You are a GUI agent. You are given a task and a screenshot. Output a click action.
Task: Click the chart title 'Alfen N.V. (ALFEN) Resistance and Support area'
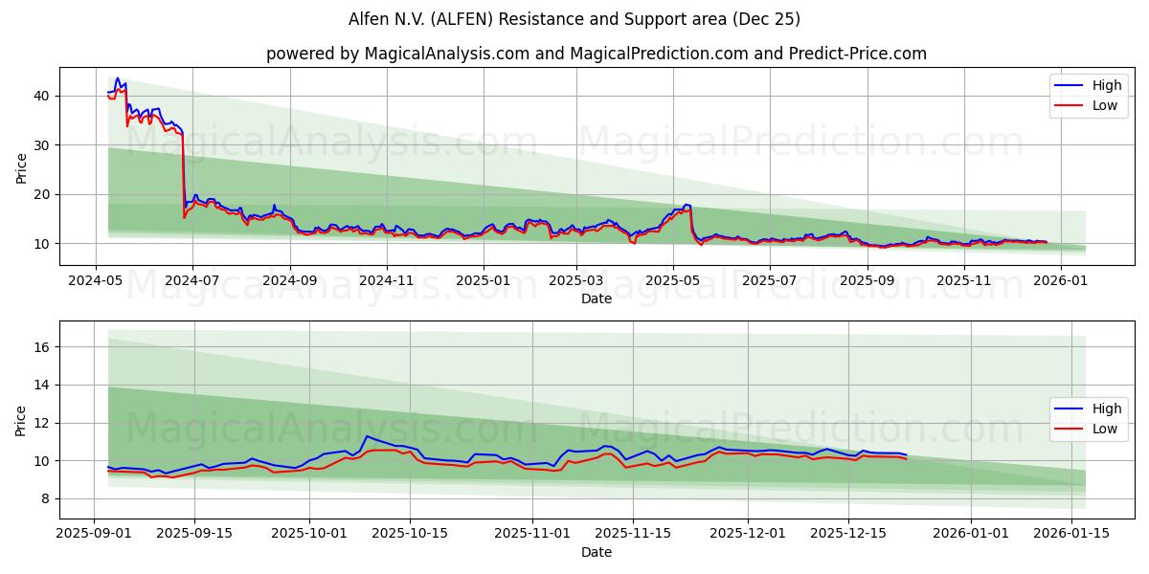[574, 19]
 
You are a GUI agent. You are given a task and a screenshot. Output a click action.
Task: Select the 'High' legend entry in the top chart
[1105, 85]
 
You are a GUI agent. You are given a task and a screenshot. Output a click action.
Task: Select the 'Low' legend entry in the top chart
[1105, 105]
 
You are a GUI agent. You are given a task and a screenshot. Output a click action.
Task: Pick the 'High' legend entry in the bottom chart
[1105, 408]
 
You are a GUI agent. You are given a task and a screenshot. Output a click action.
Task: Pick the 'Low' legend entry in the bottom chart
[1105, 429]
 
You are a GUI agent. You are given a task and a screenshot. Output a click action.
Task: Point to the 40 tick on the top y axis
[40, 96]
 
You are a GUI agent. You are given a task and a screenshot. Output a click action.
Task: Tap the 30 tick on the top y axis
[40, 144]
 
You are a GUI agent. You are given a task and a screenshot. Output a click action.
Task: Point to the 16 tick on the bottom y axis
[40, 347]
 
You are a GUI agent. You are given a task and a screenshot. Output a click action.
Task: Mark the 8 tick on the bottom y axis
[44, 498]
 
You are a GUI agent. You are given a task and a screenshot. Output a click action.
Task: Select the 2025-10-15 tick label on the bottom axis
[410, 534]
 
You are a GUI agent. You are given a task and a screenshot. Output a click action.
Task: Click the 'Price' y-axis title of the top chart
[21, 167]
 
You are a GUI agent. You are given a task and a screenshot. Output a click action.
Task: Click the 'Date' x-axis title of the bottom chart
[596, 552]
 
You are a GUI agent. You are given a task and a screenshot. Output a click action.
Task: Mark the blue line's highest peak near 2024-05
[118, 78]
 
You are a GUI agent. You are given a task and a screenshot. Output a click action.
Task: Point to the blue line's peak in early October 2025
[367, 436]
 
